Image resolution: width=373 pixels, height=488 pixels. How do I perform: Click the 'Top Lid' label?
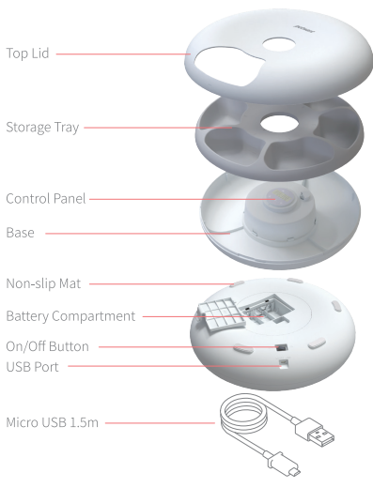(27, 53)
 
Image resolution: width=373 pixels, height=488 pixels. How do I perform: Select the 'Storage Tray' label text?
(42, 128)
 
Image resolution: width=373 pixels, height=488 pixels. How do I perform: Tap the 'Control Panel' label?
(46, 199)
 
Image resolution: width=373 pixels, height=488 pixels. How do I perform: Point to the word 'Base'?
(20, 233)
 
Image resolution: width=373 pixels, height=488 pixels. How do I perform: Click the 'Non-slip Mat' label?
(43, 283)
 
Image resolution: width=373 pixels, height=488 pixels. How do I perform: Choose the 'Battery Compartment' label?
(70, 316)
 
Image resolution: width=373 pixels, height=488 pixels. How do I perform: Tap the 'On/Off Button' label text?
(47, 346)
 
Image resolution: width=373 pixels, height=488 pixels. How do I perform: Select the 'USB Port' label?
(32, 367)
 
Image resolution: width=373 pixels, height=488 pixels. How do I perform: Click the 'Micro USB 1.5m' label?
(52, 422)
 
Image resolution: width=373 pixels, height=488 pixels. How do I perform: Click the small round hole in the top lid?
(279, 45)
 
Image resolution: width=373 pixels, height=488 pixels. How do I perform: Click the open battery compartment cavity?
(266, 308)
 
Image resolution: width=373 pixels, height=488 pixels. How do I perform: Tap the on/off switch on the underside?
(281, 347)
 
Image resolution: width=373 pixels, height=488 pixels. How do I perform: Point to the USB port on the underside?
(284, 363)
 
